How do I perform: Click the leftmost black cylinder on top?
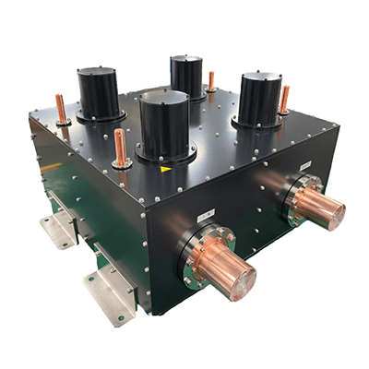click(x=98, y=93)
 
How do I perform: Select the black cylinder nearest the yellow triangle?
click(x=165, y=125)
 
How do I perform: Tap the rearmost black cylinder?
click(x=186, y=76)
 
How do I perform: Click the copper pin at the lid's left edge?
click(x=62, y=110)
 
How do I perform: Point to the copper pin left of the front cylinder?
click(x=120, y=149)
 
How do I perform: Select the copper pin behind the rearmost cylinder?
click(x=211, y=81)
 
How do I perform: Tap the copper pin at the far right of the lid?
click(x=284, y=99)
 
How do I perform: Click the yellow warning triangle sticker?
click(x=165, y=169)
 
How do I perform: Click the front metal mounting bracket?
click(x=109, y=294)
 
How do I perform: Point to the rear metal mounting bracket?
click(x=58, y=231)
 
